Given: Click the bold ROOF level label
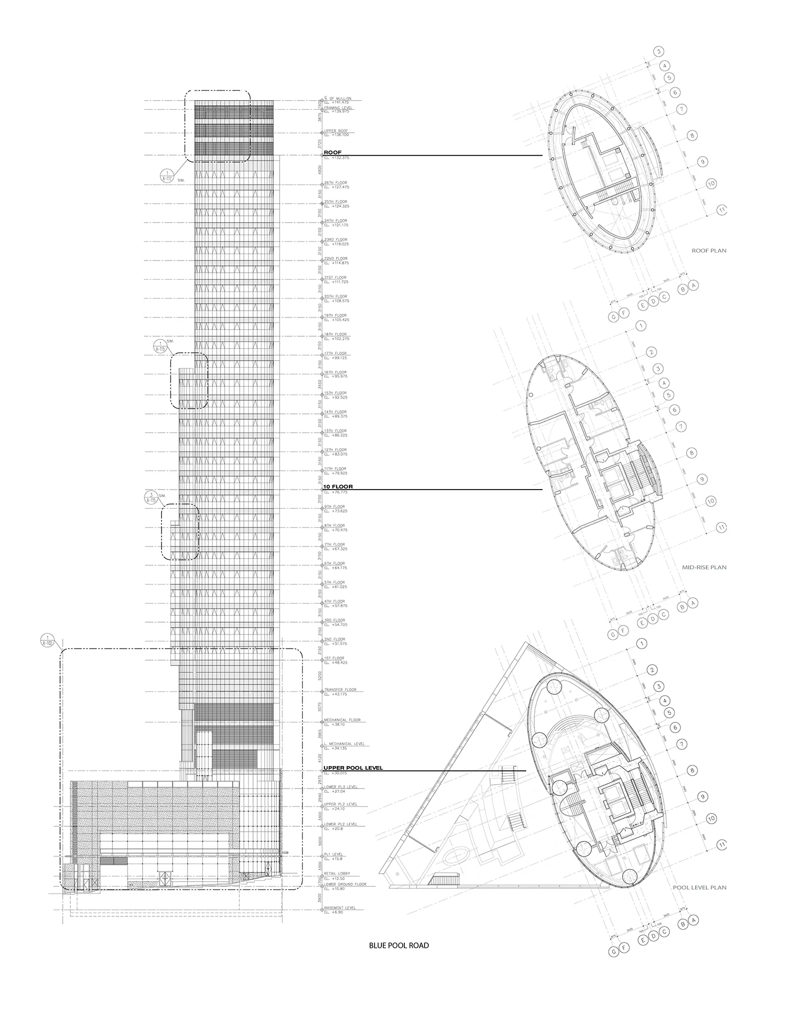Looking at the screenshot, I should (x=332, y=152).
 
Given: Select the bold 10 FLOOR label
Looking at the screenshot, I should (x=338, y=487).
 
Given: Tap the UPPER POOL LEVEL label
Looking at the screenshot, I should (x=353, y=768).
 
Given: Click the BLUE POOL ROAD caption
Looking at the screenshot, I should (x=398, y=946).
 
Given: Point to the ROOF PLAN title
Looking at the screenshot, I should (x=708, y=250).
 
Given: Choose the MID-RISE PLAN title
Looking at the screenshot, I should (x=704, y=567).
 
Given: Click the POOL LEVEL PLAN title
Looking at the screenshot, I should (x=699, y=888).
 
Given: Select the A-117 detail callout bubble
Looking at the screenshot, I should (x=167, y=175).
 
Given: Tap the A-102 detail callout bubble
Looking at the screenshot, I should (x=48, y=640).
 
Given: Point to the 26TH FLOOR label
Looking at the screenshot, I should (x=336, y=183).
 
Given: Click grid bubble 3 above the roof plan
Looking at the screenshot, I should (x=659, y=52).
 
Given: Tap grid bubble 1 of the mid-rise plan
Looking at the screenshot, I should (x=641, y=325).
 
